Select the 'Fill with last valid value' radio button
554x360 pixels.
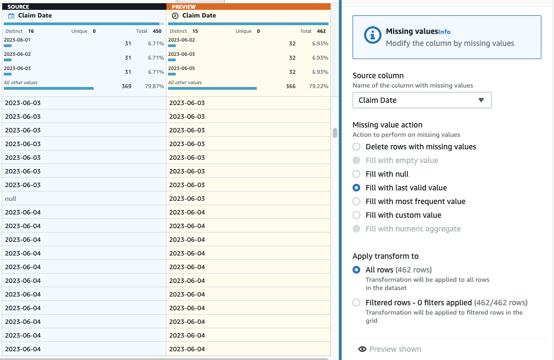tap(356, 188)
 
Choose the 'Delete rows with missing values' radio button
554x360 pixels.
tap(356, 147)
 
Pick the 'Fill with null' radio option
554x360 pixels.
tap(356, 174)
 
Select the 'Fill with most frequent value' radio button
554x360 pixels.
tap(356, 201)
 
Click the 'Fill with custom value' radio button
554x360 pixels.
tap(356, 215)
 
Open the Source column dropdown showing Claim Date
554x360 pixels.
tap(422, 100)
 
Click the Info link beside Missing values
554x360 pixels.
tap(445, 32)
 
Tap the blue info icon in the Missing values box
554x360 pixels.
tap(372, 35)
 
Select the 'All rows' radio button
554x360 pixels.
tap(356, 270)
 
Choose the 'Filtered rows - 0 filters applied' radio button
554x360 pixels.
tap(356, 303)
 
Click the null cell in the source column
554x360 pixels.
tap(11, 199)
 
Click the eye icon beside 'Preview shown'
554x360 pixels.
tap(362, 349)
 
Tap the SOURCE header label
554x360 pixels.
tap(19, 7)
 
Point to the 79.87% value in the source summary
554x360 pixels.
tap(154, 86)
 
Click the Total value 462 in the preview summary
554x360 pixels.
tap(321, 31)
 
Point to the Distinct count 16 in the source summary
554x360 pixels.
tap(31, 31)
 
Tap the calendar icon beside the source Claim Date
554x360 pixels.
tap(11, 15)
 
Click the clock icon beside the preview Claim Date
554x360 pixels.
tap(175, 15)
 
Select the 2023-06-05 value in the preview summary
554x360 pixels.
tap(182, 68)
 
